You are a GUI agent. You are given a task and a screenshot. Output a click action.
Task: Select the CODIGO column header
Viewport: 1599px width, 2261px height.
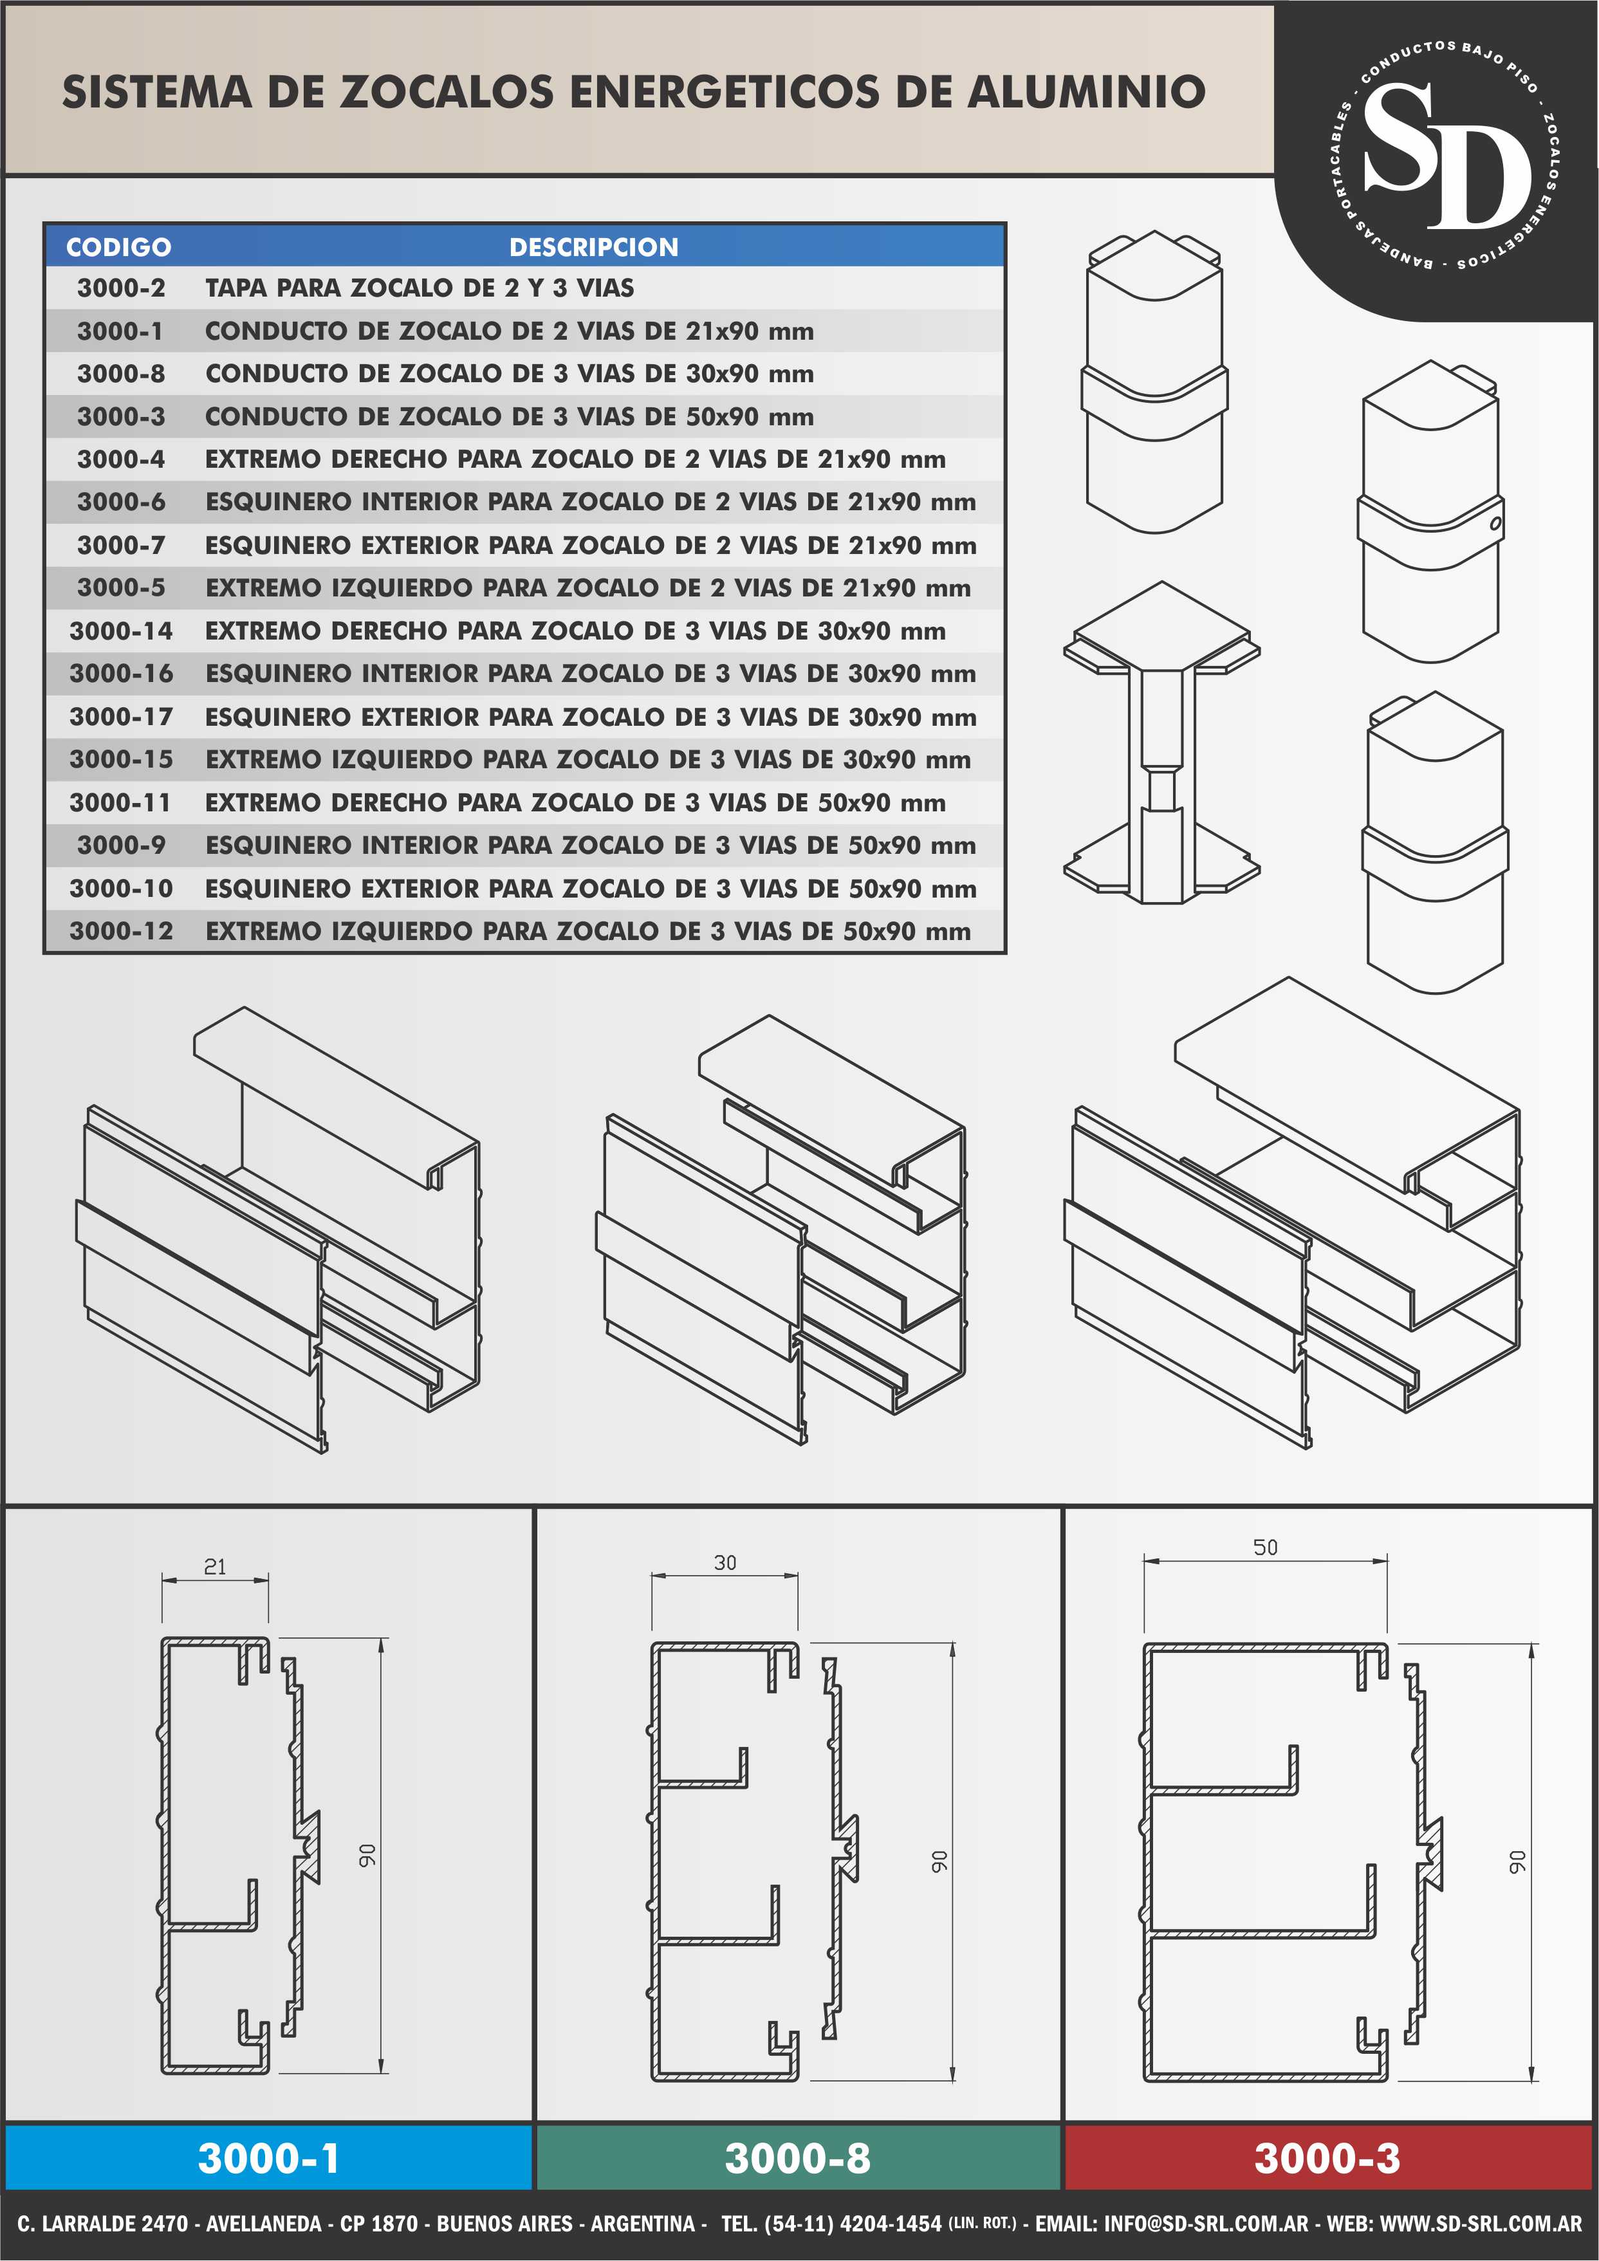click(x=118, y=247)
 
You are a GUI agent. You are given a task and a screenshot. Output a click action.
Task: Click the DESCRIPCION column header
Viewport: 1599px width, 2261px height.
click(x=594, y=247)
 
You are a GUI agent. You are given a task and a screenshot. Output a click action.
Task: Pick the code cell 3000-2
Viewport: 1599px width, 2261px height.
click(x=121, y=288)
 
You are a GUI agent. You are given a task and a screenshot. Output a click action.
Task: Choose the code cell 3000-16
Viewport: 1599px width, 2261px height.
click(x=121, y=674)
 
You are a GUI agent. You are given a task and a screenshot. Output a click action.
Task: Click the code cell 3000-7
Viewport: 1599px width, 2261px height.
click(x=121, y=546)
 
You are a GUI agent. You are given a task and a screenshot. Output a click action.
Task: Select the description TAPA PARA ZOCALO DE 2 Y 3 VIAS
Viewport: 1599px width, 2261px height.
click(x=420, y=288)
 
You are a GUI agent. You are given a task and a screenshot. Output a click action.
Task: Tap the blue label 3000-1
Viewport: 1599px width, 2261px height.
click(x=269, y=2157)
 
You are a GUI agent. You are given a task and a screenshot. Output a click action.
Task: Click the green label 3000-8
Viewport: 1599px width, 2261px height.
click(x=797, y=2157)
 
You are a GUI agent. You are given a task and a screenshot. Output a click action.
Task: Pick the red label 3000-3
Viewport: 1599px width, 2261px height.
click(x=1327, y=2157)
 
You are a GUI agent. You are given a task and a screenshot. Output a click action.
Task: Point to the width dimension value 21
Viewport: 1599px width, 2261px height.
click(x=215, y=1567)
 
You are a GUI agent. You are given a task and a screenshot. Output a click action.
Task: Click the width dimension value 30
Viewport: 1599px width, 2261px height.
click(x=725, y=1563)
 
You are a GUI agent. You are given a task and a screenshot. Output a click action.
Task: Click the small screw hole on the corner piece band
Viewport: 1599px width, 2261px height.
click(x=1495, y=523)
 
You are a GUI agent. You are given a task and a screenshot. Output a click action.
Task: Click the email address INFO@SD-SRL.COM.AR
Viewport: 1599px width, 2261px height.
click(x=1206, y=2224)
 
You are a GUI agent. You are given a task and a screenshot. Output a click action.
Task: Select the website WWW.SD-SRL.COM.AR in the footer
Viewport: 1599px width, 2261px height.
click(x=1481, y=2224)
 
